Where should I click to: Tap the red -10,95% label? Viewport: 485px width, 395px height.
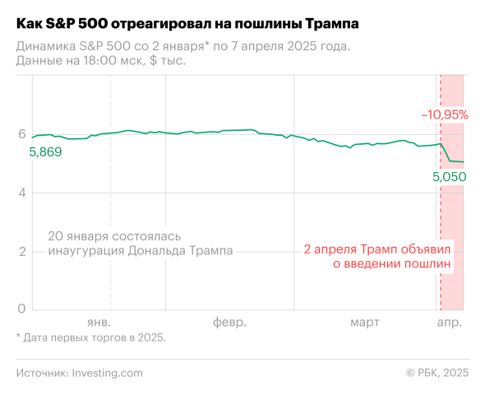(445, 115)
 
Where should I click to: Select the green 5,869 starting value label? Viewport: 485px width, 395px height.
(45, 152)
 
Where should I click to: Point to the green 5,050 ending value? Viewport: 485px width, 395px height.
(449, 176)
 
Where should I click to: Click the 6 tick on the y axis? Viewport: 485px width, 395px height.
(22, 134)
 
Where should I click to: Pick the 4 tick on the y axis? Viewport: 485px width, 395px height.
(22, 193)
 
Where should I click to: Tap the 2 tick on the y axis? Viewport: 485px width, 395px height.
(22, 251)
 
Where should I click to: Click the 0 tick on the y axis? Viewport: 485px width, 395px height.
(22, 309)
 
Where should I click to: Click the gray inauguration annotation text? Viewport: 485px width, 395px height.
(141, 243)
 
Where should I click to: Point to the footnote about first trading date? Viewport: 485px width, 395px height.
(90, 337)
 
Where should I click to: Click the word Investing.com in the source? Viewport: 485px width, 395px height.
(107, 373)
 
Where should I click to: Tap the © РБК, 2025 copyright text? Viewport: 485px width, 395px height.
(437, 373)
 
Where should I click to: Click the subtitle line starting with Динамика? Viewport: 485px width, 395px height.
(182, 46)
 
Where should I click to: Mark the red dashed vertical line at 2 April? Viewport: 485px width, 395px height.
(441, 214)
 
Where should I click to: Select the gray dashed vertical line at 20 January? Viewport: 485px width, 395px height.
(111, 197)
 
